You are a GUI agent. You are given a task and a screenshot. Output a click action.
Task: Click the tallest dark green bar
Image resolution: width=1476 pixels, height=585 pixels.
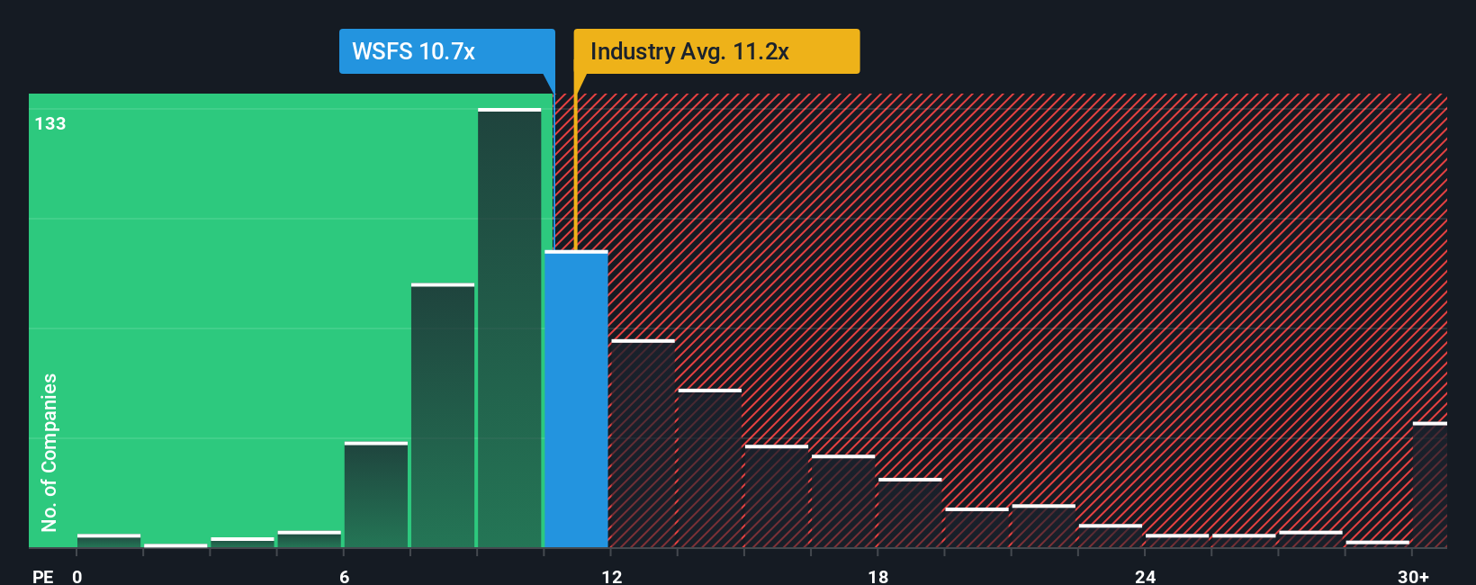point(509,328)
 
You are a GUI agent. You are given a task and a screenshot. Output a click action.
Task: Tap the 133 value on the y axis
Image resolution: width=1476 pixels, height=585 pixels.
point(50,123)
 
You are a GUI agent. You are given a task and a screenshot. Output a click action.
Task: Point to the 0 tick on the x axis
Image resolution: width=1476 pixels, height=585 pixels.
point(77,576)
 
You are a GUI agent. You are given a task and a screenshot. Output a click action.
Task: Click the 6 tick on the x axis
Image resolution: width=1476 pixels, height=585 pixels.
point(344,576)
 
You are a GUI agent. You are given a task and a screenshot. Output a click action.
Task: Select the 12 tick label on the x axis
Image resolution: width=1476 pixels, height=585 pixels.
point(612,576)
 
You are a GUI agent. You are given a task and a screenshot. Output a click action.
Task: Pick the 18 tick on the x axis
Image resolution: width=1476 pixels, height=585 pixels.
point(878,576)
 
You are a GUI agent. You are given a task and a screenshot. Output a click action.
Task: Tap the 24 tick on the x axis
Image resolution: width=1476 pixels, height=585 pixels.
point(1145,576)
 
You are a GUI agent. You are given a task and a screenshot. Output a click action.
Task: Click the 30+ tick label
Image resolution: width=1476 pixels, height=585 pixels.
point(1414,576)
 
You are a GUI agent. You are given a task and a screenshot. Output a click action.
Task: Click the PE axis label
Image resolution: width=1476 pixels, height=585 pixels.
point(42,576)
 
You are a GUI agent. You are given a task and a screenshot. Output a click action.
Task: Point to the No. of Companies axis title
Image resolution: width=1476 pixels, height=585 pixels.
point(49,452)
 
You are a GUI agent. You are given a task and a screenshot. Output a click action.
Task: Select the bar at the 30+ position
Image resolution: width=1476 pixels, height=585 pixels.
point(1429,485)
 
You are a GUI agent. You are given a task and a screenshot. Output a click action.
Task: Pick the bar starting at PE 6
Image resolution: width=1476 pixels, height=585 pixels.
point(376,495)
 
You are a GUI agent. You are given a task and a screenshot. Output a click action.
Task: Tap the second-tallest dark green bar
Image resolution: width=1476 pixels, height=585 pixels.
point(443,416)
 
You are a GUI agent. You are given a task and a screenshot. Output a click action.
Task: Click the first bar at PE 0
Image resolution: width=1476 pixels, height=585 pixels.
point(109,541)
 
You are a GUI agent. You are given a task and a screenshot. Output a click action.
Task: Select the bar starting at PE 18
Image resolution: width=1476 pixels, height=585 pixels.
point(910,513)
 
